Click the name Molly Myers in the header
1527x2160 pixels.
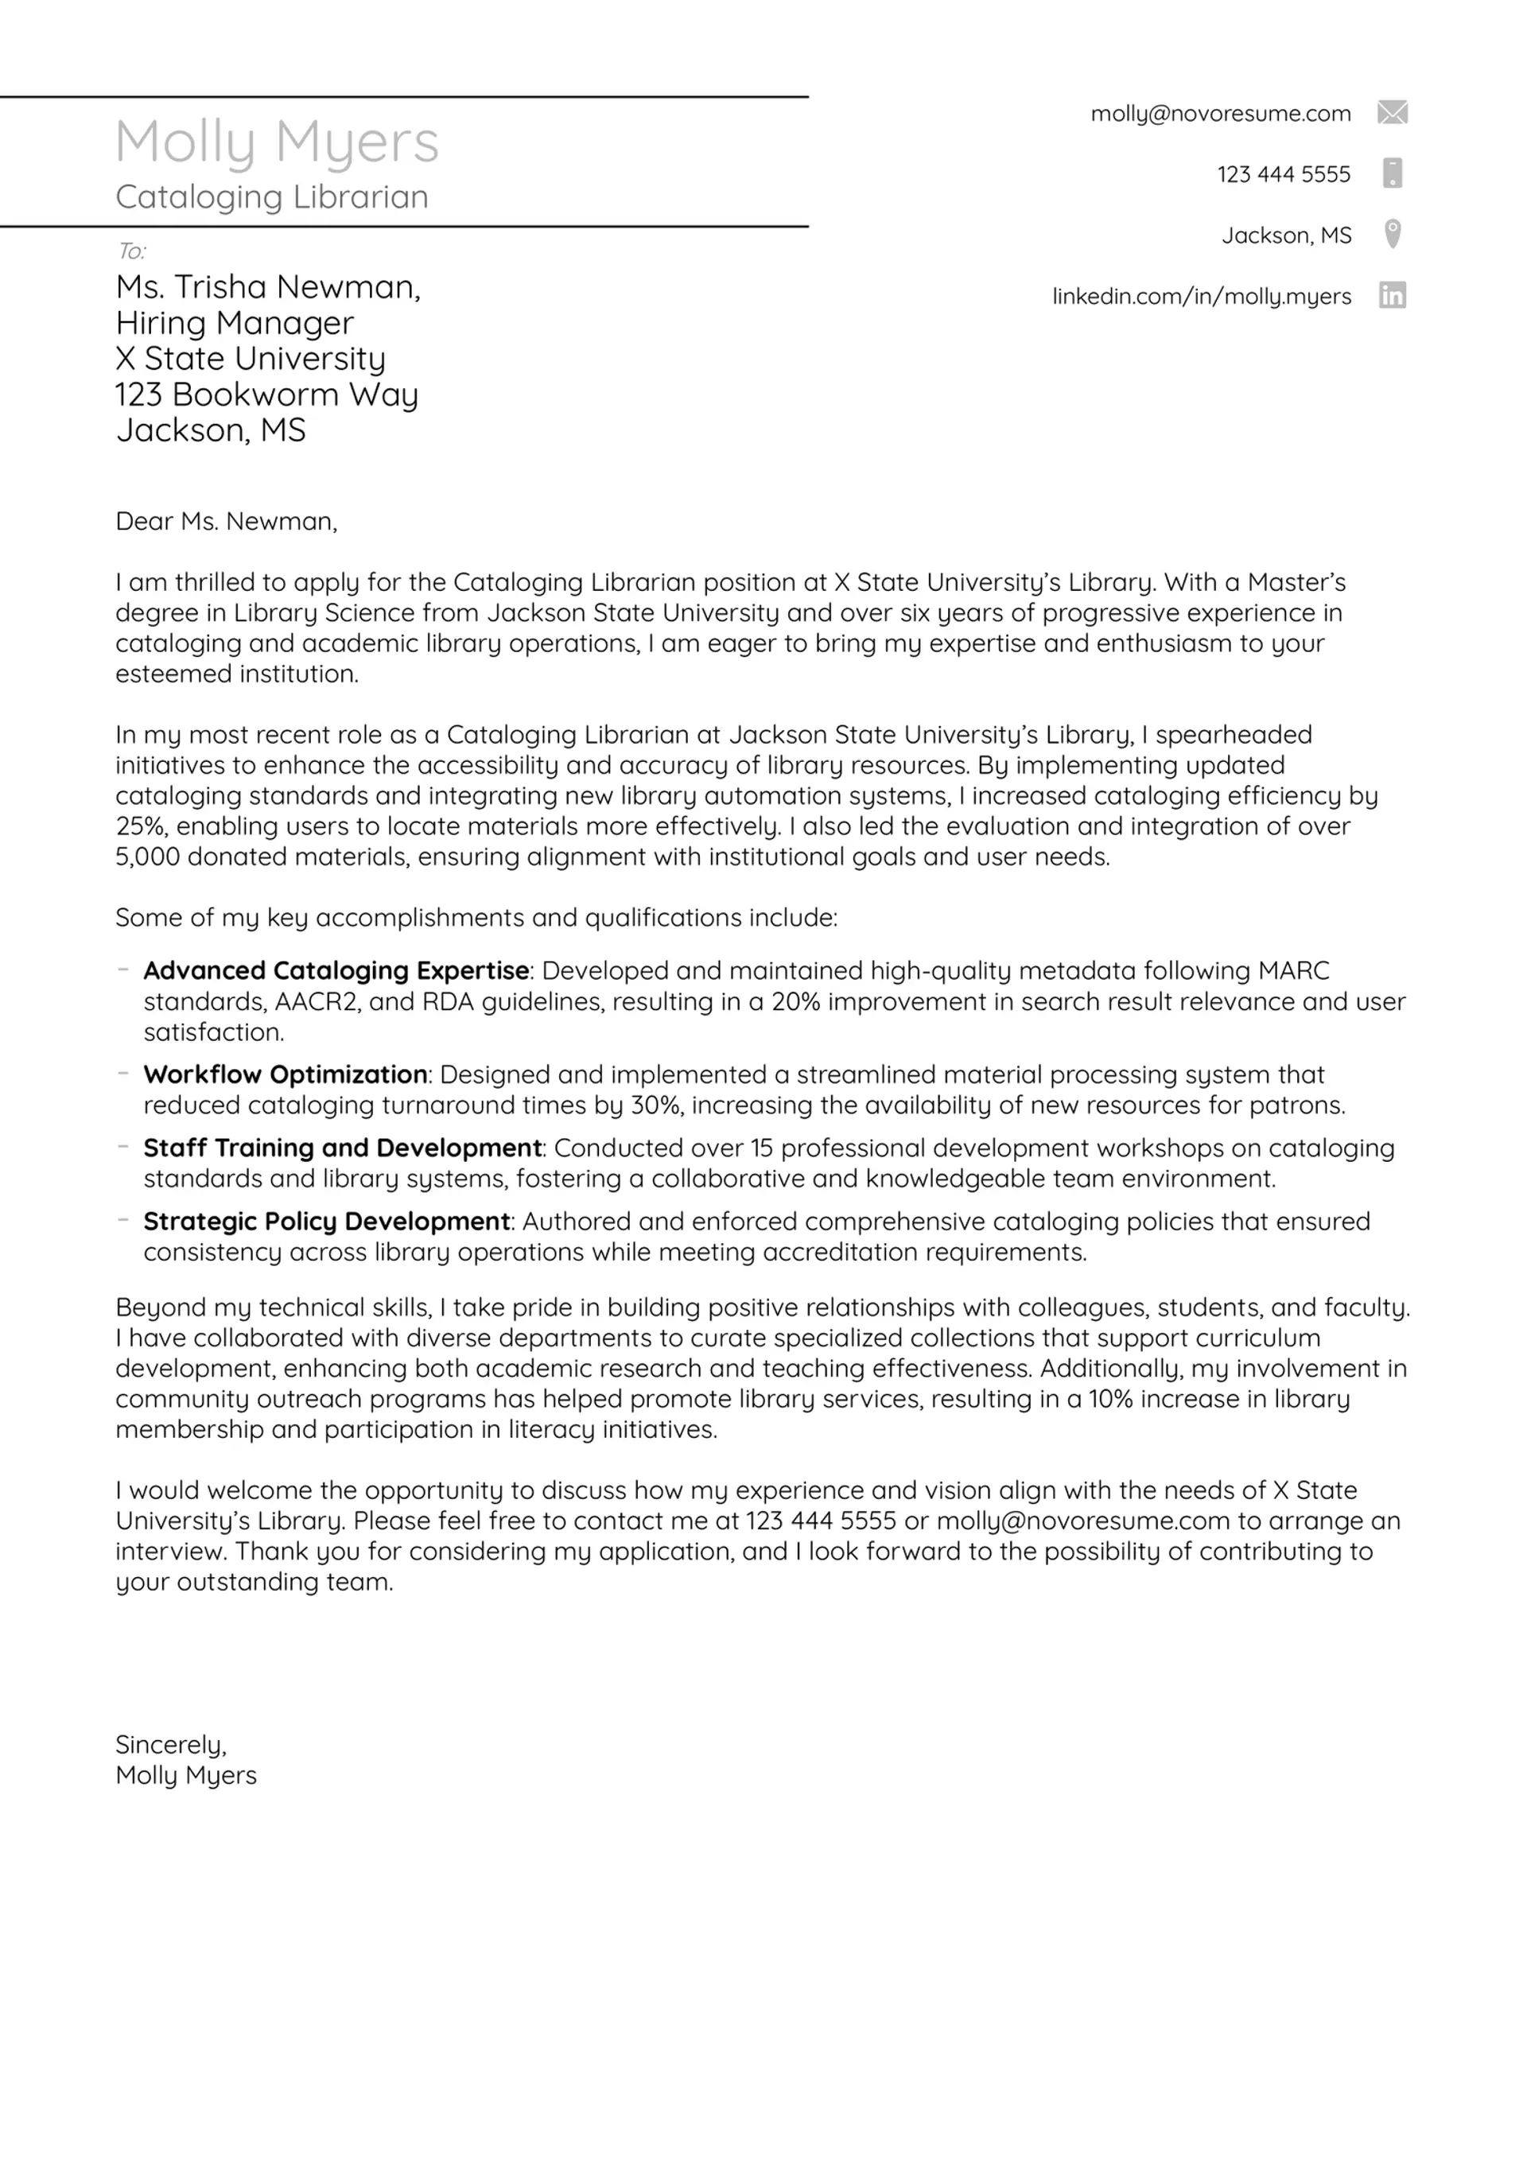click(x=277, y=143)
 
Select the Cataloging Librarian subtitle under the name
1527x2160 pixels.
click(x=271, y=196)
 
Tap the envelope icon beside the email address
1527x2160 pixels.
click(x=1392, y=113)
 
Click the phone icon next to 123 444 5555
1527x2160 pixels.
click(x=1393, y=173)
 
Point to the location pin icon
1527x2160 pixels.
click(x=1393, y=233)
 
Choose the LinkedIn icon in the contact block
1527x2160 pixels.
click(x=1392, y=295)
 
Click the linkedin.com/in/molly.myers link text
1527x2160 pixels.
click(x=1201, y=297)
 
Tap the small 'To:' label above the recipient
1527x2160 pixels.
click(x=130, y=251)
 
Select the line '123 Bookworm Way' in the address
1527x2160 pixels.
click(x=266, y=394)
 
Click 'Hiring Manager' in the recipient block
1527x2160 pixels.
click(x=235, y=323)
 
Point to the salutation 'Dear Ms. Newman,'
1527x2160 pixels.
click(x=226, y=521)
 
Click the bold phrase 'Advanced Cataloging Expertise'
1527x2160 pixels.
click(x=336, y=970)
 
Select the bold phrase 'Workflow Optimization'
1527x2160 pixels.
click(x=285, y=1074)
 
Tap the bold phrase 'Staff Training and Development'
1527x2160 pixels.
click(x=343, y=1148)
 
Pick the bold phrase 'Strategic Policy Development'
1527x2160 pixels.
click(x=326, y=1221)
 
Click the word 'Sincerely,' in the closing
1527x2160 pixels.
click(x=170, y=1744)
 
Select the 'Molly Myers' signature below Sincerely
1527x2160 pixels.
click(x=185, y=1775)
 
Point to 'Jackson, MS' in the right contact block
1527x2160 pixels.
click(x=1285, y=235)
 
